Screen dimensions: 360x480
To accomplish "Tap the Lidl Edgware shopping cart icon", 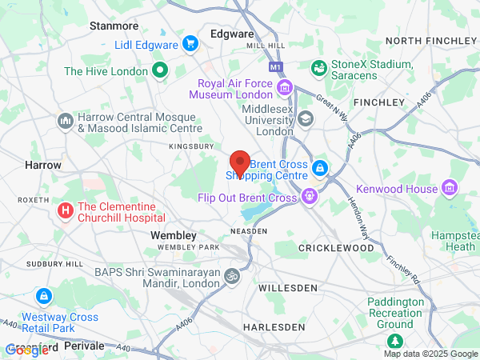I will [x=190, y=43].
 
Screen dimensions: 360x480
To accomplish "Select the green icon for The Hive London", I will [x=159, y=70].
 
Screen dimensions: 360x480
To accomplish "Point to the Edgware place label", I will [x=231, y=34].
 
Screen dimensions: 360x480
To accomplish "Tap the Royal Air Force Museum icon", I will [x=286, y=86].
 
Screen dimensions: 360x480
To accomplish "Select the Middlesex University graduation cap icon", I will [x=305, y=118].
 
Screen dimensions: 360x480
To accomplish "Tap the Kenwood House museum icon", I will [x=450, y=188].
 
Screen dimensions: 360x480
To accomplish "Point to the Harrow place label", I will [x=43, y=164].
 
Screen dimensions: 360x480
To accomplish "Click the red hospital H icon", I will [x=64, y=210].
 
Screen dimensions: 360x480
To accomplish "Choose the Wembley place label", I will [x=174, y=235].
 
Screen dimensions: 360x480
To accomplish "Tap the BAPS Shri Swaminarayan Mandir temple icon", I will [x=231, y=276].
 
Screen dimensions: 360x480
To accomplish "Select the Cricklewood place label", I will [x=336, y=248].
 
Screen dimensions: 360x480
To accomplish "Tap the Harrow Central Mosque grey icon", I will [x=65, y=121].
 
